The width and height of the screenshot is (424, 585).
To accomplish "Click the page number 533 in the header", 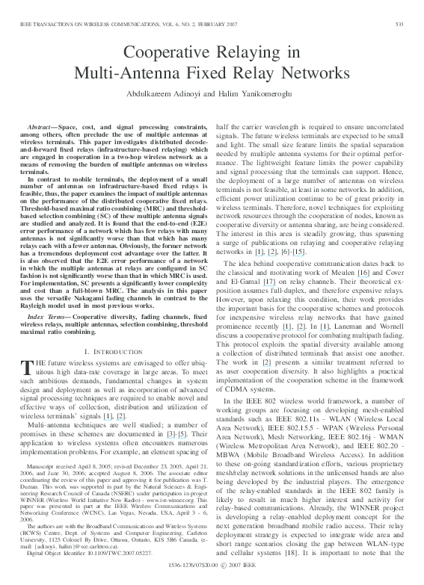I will pyautogui.click(x=400, y=25).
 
